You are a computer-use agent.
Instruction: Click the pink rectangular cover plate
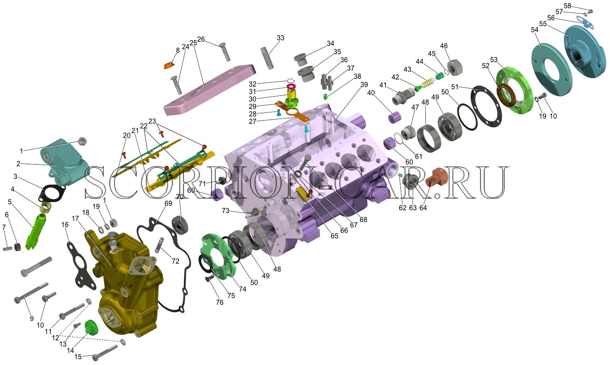click(x=209, y=90)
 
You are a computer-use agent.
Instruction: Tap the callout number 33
click(x=281, y=38)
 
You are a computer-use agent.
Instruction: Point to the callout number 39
click(x=364, y=85)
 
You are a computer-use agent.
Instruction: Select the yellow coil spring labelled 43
click(x=428, y=83)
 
